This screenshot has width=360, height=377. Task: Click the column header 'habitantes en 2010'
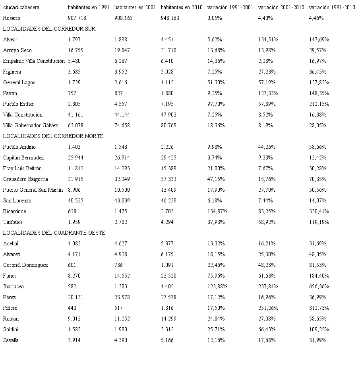[182, 8]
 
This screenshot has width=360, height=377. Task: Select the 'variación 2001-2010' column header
[281, 8]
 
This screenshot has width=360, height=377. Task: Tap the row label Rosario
[12, 18]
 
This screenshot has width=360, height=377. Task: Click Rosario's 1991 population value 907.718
[77, 18]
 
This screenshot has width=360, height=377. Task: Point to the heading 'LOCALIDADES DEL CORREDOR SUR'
[49, 29]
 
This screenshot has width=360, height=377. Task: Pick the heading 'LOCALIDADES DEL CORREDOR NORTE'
[53, 136]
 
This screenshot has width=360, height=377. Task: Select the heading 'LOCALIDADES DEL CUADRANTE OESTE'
[54, 233]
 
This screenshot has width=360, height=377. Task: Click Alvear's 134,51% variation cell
[268, 40]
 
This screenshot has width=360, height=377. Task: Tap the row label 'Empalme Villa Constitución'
[34, 61]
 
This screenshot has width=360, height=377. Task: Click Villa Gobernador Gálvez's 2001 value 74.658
[122, 126]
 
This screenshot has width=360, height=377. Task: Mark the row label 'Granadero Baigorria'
[25, 179]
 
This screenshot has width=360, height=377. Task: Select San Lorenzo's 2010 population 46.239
[168, 201]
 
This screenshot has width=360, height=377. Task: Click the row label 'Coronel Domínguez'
[25, 265]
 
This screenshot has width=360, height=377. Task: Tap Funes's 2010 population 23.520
[168, 276]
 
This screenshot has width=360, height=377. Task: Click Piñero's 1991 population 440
[72, 308]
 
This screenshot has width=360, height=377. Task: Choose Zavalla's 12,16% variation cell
[216, 340]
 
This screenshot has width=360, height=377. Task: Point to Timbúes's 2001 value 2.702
[121, 222]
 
